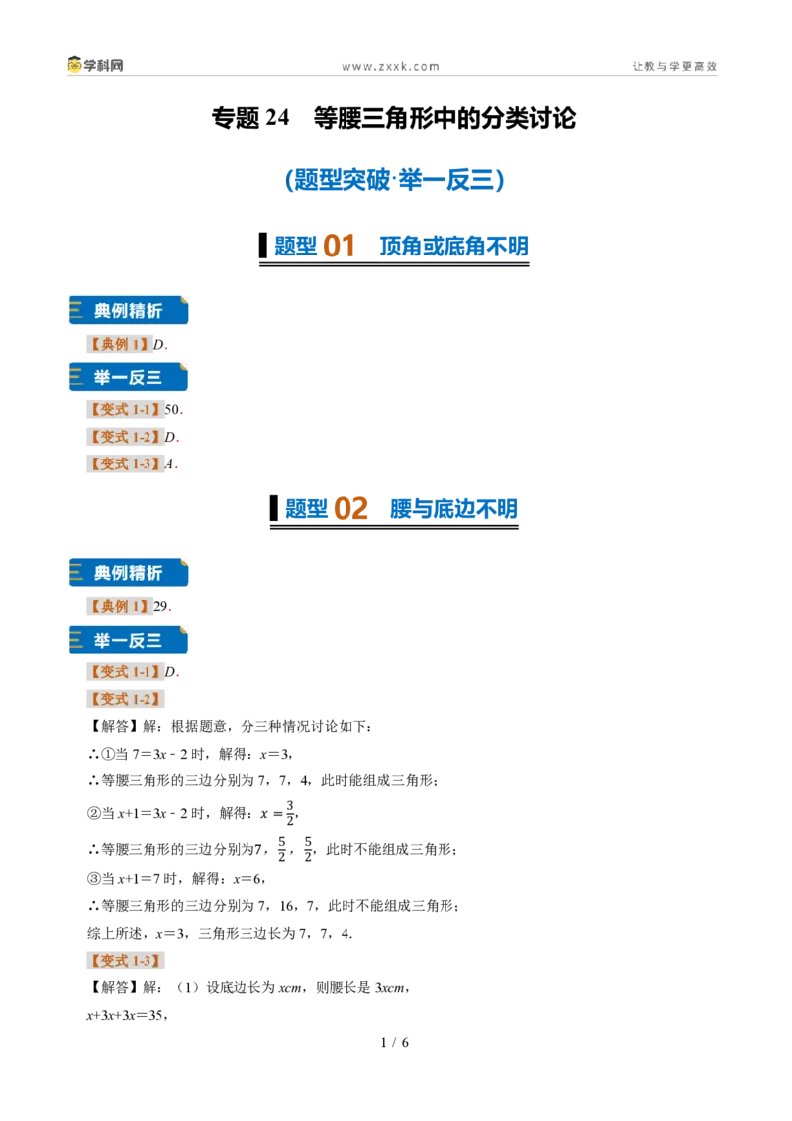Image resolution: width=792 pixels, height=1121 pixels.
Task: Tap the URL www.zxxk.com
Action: pyautogui.click(x=390, y=67)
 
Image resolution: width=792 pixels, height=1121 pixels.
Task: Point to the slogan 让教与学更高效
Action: pyautogui.click(x=674, y=66)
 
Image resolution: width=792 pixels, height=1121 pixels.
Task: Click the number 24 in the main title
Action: pyautogui.click(x=277, y=117)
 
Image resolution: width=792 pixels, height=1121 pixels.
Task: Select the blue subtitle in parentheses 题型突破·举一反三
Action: pyautogui.click(x=395, y=179)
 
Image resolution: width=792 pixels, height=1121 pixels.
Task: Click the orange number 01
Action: pyautogui.click(x=339, y=246)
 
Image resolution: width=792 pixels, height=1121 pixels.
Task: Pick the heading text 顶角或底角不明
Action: pyautogui.click(x=453, y=246)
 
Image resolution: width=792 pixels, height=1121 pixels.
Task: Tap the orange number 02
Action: pyautogui.click(x=350, y=508)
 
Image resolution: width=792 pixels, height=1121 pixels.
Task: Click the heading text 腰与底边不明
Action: pyautogui.click(x=453, y=508)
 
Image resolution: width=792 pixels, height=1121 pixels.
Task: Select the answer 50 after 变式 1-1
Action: pyautogui.click(x=171, y=410)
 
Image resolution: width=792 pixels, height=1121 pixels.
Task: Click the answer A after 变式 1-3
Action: pyautogui.click(x=169, y=464)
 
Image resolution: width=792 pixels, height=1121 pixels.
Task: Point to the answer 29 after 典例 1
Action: pyautogui.click(x=160, y=606)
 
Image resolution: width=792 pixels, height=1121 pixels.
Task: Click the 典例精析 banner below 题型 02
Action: pyautogui.click(x=129, y=572)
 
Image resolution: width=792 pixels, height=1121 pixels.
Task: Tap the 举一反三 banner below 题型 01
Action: pyautogui.click(x=129, y=377)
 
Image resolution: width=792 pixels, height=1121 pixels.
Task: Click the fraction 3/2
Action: pyautogui.click(x=290, y=813)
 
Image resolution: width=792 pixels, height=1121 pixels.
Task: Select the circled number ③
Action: pyautogui.click(x=94, y=879)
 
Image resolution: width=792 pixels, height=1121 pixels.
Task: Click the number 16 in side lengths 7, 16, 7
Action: pyautogui.click(x=287, y=906)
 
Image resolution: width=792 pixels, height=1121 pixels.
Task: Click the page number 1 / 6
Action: pyautogui.click(x=395, y=1043)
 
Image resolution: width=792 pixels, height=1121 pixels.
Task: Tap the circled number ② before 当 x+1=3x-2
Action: pyautogui.click(x=94, y=814)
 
